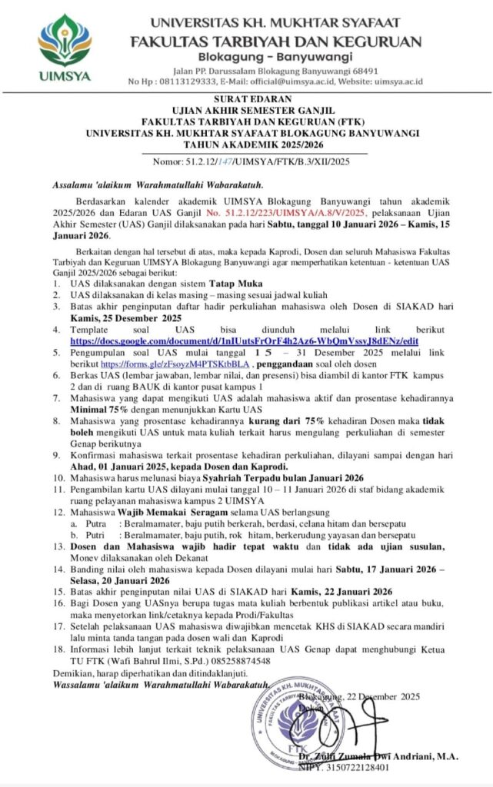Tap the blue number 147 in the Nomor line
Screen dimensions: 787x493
[x=226, y=161]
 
